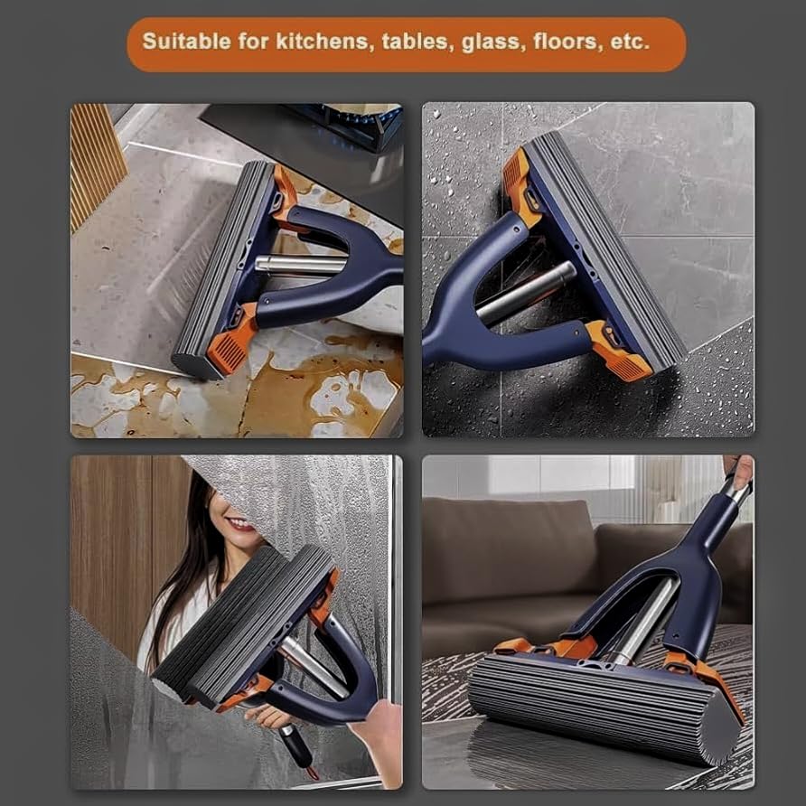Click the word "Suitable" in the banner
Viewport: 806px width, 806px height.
point(186,42)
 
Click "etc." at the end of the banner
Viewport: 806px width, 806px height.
point(631,42)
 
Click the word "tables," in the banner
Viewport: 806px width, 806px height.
point(417,42)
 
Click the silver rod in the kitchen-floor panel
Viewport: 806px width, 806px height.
point(301,264)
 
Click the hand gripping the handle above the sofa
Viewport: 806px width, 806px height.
point(738,471)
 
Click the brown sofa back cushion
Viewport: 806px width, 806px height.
point(506,551)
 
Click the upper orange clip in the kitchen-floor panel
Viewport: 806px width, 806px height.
point(285,195)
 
